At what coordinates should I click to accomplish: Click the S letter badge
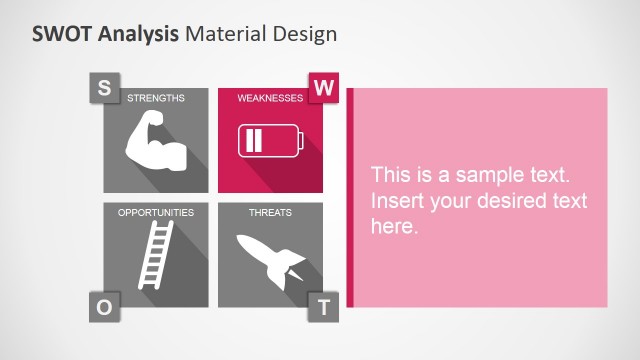[103, 88]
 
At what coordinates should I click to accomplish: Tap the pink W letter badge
[323, 88]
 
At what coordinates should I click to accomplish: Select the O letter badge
[103, 308]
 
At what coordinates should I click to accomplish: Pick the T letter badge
[323, 308]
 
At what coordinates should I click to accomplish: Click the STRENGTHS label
[155, 98]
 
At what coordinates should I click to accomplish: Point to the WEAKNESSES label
[270, 98]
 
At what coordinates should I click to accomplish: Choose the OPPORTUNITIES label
[155, 213]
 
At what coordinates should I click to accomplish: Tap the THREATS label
[270, 213]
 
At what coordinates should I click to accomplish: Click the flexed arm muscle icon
[156, 142]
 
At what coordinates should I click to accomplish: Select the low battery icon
[269, 140]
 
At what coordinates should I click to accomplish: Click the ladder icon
[156, 256]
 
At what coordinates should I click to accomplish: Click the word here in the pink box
[392, 227]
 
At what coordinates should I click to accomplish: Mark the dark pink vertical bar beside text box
[350, 197]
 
